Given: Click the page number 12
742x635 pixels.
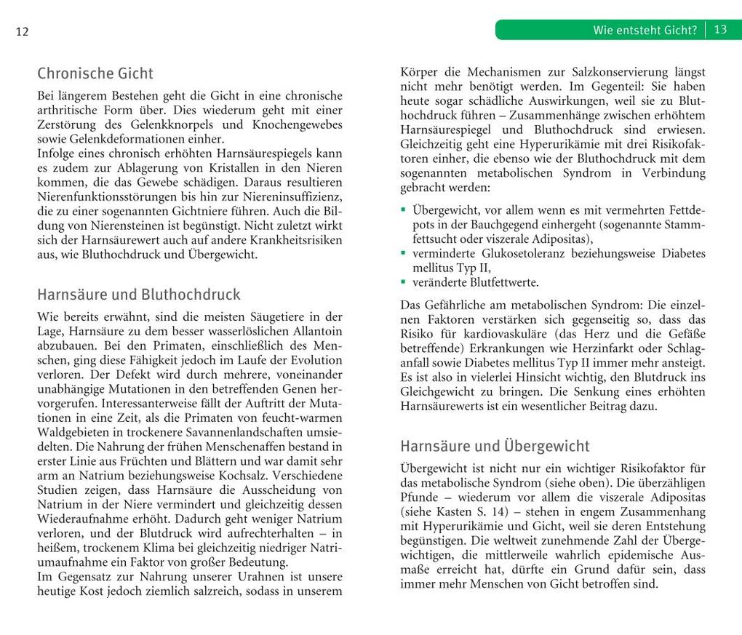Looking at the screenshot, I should pyautogui.click(x=21, y=31).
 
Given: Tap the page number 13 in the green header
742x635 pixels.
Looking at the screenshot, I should pyautogui.click(x=720, y=30).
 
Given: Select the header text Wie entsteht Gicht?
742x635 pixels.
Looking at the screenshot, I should pyautogui.click(x=645, y=30).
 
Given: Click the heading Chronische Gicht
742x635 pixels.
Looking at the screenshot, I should pyautogui.click(x=95, y=73).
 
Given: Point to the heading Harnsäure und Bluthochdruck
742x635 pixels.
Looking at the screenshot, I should pyautogui.click(x=138, y=295).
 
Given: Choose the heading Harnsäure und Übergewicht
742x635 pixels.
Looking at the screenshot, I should pyautogui.click(x=495, y=446).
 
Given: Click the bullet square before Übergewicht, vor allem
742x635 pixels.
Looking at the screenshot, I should pyautogui.click(x=404, y=210).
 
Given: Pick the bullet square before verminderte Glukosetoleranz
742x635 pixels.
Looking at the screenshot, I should pyautogui.click(x=404, y=253).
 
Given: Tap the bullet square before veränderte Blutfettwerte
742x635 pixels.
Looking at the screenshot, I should pyautogui.click(x=404, y=281).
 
